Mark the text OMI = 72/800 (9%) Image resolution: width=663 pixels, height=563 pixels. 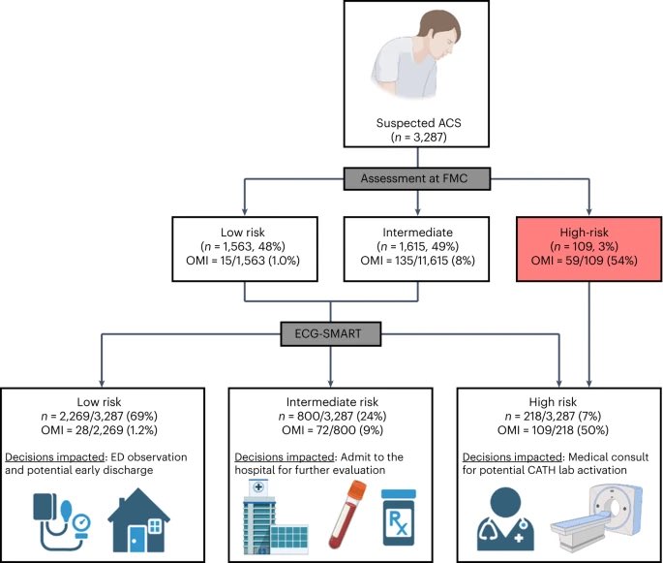332,428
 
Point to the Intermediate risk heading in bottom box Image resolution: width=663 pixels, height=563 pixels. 332,399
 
